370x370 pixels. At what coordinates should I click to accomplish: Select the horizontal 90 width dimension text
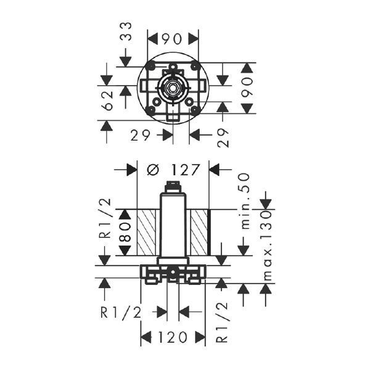tap(173, 39)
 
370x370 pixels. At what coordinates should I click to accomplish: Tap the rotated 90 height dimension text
tap(248, 88)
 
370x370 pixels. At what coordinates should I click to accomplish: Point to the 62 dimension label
tap(108, 101)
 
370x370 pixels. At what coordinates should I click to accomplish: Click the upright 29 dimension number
tap(140, 136)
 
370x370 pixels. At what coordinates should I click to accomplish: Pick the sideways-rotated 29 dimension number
tap(223, 138)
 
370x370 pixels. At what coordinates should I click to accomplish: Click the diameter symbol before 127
tap(154, 170)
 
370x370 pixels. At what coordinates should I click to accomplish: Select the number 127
tap(186, 170)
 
